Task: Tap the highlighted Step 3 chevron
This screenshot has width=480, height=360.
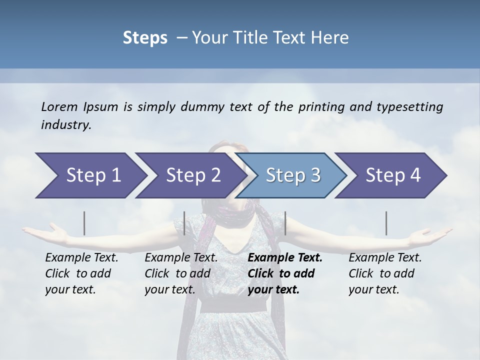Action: coord(293,175)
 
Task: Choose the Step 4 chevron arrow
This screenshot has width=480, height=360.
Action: coord(393,175)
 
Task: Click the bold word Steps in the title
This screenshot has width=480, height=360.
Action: coord(145,37)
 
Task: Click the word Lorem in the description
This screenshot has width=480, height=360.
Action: coord(59,106)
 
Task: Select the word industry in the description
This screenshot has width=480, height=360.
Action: coord(66,124)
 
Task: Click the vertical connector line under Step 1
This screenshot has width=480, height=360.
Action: coord(84,223)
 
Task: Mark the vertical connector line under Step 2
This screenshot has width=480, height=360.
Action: coord(184,223)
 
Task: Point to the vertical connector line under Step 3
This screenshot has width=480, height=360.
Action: coord(285,223)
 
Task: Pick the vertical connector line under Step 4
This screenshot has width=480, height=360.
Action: coord(386,223)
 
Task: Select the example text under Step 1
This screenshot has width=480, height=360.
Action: coord(81,273)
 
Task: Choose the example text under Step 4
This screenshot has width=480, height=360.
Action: coord(384,273)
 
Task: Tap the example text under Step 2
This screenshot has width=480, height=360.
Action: coord(180,273)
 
